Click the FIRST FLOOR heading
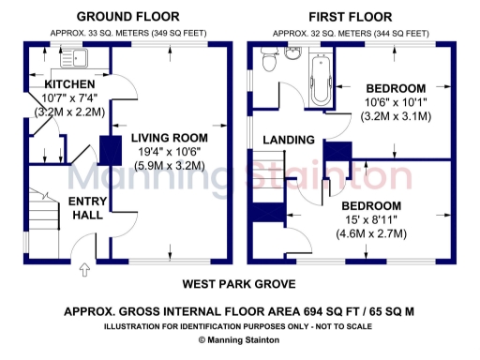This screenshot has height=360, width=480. [x=349, y=16]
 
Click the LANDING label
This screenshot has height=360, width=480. [x=288, y=140]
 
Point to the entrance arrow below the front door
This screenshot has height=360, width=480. [x=84, y=272]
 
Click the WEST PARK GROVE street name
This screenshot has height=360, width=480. [x=241, y=283]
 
